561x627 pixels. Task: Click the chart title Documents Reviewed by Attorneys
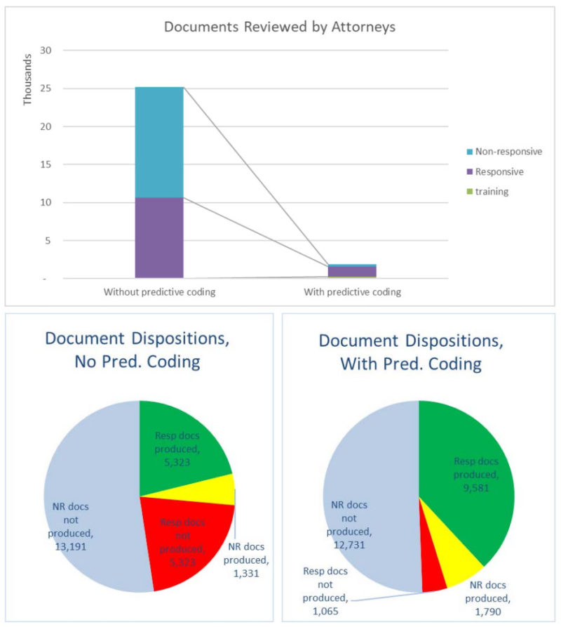(x=279, y=27)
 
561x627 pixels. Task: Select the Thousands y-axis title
(x=28, y=84)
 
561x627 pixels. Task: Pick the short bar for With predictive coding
(x=352, y=271)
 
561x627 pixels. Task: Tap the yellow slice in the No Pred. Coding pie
(x=223, y=489)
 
